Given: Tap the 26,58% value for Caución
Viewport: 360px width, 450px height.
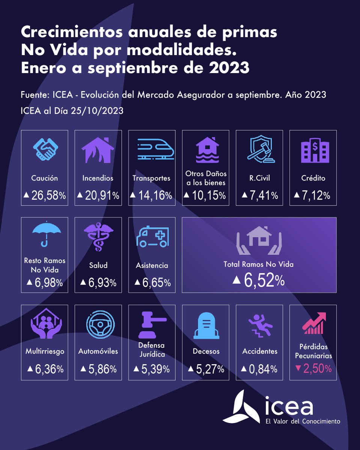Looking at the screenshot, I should coord(44,195).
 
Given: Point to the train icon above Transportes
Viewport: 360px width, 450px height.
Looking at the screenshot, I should coord(152,150).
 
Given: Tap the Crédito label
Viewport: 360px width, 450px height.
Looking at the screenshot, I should coord(313,178).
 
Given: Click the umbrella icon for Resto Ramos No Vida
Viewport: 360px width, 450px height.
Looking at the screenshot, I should coord(44,236).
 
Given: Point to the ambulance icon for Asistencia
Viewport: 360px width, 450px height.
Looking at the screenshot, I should coord(152,237).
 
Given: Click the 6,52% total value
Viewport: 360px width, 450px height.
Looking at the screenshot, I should coord(259,280).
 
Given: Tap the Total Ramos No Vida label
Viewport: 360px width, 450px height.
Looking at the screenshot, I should coord(259,264).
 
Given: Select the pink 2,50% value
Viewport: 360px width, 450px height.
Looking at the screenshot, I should coord(313,369).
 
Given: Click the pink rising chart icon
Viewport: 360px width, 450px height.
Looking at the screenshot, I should coord(313,323).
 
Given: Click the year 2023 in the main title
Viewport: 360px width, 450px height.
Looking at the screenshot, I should coord(229,68).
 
